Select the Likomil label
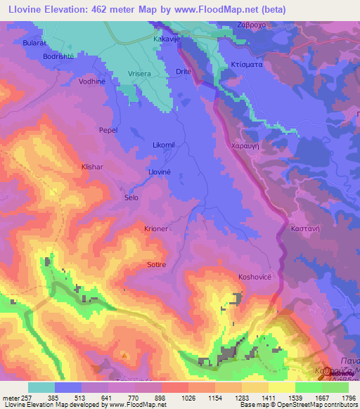click(x=163, y=145)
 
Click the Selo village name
click(x=131, y=198)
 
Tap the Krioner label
click(x=156, y=230)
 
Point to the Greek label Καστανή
click(x=305, y=228)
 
